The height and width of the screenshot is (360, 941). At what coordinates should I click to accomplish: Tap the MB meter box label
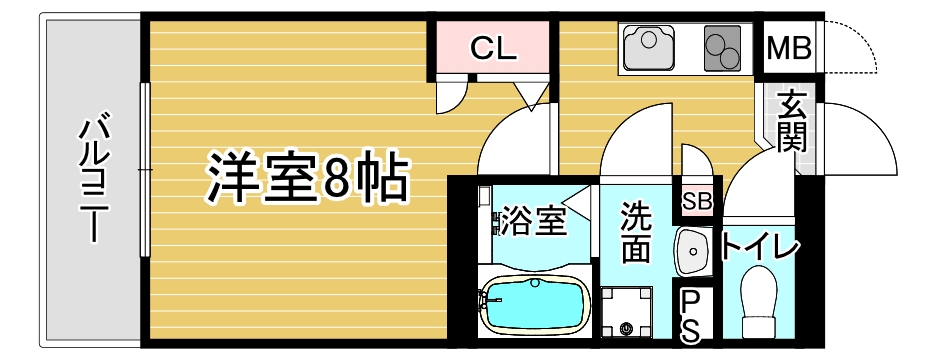tap(790, 49)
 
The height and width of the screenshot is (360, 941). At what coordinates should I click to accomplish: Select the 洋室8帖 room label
tap(308, 179)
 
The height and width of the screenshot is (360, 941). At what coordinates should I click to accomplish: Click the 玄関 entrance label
tap(791, 123)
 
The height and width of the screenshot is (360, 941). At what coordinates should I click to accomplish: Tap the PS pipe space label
tap(691, 317)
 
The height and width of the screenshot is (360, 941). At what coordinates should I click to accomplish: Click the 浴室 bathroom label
tap(534, 221)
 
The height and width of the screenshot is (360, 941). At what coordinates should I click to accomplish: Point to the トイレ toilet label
tap(760, 247)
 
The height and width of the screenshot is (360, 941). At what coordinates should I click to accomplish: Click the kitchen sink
tap(649, 47)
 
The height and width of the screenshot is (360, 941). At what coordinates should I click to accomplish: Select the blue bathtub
tap(534, 303)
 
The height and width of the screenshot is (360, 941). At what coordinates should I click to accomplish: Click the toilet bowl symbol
tap(759, 302)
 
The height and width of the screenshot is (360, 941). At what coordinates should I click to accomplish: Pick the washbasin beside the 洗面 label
tap(693, 252)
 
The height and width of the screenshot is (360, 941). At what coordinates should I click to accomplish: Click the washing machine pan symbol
tap(627, 312)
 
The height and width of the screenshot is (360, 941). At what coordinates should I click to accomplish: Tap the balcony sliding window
tap(145, 170)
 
